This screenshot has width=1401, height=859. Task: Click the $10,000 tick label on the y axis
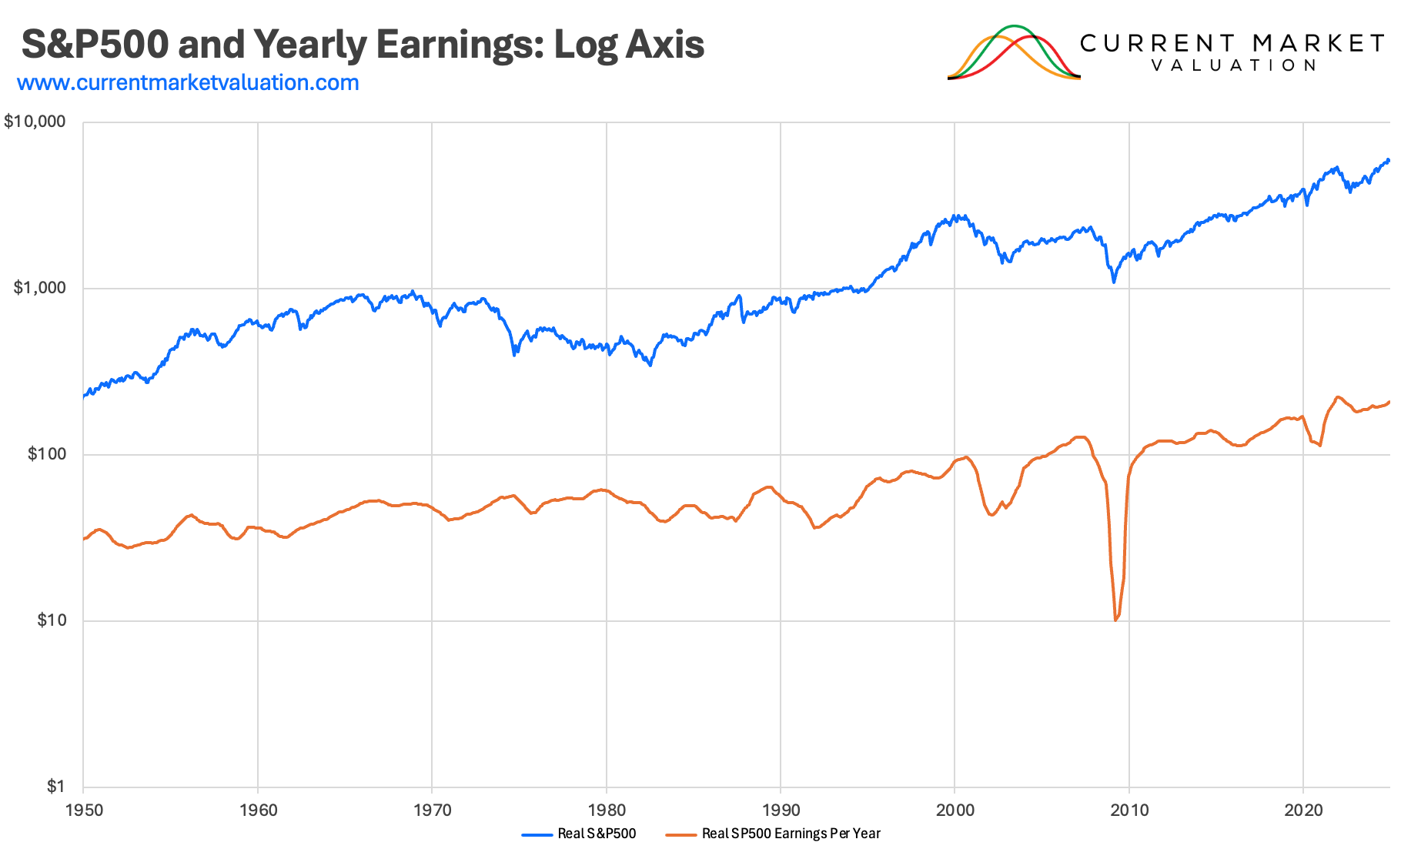click(x=35, y=122)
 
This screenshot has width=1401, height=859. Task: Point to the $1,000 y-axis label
click(x=40, y=288)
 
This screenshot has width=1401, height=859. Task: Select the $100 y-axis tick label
click(x=46, y=454)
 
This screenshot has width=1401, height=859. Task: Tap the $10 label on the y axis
click(x=51, y=620)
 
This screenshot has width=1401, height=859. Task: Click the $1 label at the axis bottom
click(x=55, y=786)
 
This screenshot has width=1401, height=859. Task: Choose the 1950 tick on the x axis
click(x=84, y=810)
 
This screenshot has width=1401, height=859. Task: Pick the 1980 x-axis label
click(x=607, y=810)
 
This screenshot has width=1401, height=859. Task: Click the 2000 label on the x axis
click(x=955, y=810)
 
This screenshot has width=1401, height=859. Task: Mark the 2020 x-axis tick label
click(x=1303, y=810)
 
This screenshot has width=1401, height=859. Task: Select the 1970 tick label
click(x=433, y=810)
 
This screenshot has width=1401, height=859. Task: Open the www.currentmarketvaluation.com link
click(x=188, y=82)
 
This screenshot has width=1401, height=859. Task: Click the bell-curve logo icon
click(x=1014, y=52)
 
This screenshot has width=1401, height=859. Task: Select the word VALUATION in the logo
click(x=1234, y=65)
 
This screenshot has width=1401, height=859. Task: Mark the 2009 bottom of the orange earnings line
click(x=1115, y=620)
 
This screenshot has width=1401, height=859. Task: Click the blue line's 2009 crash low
click(x=1113, y=282)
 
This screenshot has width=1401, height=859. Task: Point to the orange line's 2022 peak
click(x=1338, y=397)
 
